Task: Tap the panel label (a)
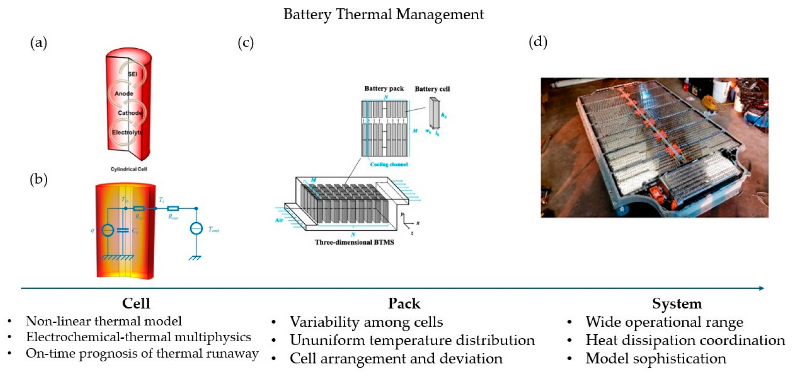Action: coord(39,42)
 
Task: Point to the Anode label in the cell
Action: coord(124,94)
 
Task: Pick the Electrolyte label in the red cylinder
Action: coord(127,133)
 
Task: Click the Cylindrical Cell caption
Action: coord(129,169)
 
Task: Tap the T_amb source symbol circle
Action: coord(196,228)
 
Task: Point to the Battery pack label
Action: coord(384,89)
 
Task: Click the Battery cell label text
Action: coord(432,89)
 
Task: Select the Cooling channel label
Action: coord(389,164)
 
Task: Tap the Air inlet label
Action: coord(279,220)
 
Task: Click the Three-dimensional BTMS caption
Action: coord(354,242)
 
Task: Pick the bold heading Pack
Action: coord(404,304)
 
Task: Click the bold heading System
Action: coord(677,304)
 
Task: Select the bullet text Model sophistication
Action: coord(656,358)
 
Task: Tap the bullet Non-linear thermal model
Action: coord(104,321)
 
